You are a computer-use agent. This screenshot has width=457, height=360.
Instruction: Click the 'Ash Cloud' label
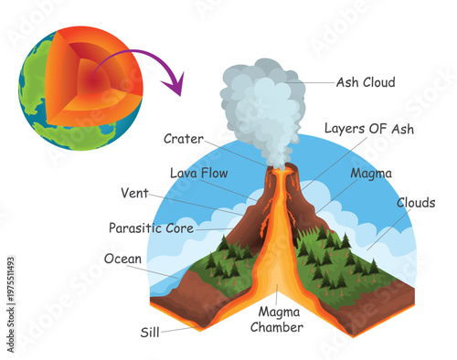(366, 82)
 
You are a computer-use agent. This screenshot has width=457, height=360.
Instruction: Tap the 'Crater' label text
(184, 139)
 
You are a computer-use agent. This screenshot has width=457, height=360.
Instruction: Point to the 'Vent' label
(134, 193)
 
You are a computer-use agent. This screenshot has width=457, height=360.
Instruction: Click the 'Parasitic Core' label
(151, 228)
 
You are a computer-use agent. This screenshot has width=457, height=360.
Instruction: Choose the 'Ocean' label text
(122, 259)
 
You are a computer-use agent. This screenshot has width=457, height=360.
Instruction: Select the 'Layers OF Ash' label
(369, 129)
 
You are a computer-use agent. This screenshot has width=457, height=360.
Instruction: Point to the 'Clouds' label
(417, 203)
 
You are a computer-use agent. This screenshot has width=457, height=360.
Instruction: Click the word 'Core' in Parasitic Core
(177, 228)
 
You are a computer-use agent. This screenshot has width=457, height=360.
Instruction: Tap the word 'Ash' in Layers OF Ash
(401, 129)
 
